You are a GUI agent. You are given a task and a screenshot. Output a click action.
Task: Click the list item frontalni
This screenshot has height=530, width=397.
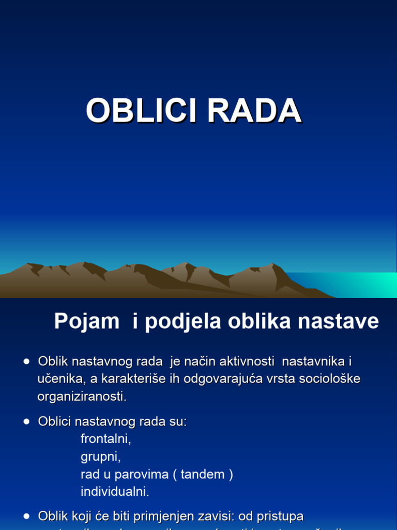106,439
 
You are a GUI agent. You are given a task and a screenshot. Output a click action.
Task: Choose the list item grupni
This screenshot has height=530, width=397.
100,457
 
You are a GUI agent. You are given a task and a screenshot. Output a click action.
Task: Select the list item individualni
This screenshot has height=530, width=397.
115,492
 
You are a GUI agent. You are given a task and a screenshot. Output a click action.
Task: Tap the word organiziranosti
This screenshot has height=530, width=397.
82,396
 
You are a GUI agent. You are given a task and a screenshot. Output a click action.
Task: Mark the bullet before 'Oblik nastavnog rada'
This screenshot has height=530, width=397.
26,362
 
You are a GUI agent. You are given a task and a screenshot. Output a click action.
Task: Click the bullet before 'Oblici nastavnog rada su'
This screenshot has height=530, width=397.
26,422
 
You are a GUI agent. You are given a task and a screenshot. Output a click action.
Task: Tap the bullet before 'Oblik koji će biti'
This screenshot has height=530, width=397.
26,516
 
